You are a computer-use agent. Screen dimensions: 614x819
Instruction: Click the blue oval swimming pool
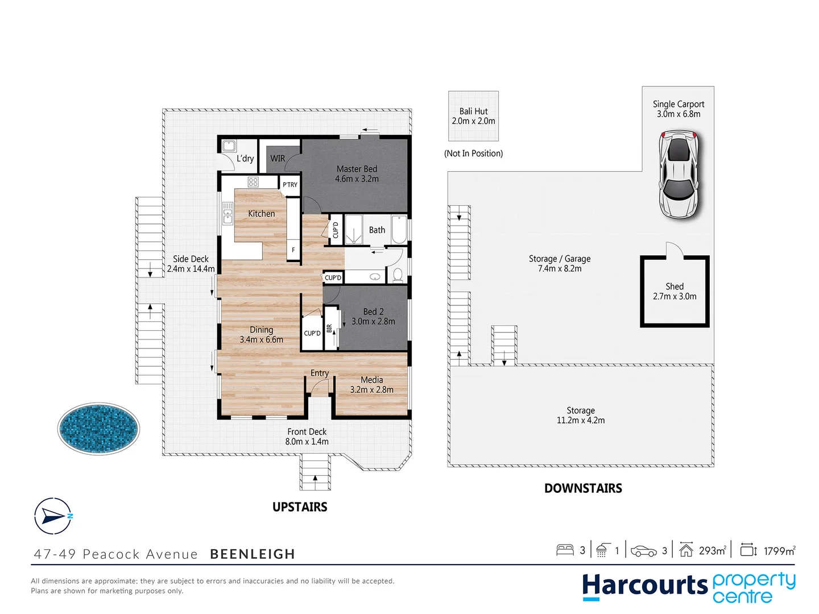coord(98,429)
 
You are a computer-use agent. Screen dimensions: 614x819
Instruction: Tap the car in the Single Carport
coord(679,174)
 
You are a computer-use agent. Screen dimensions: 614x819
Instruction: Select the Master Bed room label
coord(357,169)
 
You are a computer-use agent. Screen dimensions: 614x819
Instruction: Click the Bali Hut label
coord(473,111)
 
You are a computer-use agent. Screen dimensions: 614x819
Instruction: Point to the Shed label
coord(675,287)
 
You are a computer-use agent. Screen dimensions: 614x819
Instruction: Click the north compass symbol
coord(53,516)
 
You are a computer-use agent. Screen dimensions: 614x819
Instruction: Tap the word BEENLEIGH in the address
coord(253,554)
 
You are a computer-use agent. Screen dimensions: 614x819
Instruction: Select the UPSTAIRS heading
coord(300,507)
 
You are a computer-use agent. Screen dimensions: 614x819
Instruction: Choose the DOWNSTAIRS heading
coord(583,488)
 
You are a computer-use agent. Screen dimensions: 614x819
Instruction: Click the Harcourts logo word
coord(644,586)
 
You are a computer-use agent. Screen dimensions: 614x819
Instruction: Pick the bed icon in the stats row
coord(565,550)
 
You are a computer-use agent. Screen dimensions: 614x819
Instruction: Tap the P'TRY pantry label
coord(290,185)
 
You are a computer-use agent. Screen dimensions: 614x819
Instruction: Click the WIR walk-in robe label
coord(278,159)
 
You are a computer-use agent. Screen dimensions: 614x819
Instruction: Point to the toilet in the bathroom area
coord(398,275)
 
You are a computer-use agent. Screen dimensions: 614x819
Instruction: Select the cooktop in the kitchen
coord(253,182)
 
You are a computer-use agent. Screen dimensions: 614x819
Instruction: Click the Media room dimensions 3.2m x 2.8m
coord(371,390)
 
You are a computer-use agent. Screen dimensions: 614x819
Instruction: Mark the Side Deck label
coord(191,259)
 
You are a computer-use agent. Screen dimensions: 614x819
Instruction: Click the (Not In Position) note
coord(473,153)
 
